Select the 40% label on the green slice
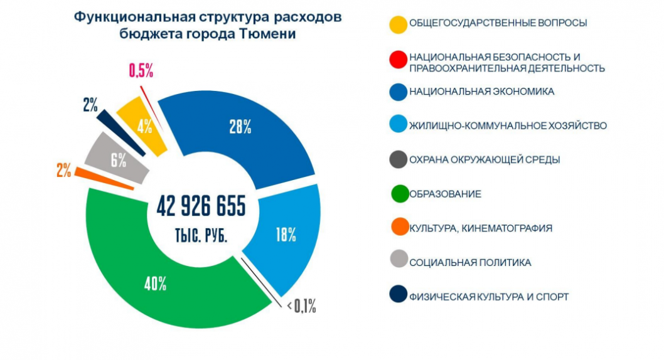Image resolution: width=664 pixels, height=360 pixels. point(155,283)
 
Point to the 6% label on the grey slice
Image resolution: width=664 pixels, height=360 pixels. point(119,160)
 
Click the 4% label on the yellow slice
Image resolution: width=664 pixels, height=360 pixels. point(144,126)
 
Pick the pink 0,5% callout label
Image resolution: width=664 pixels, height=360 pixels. point(141,70)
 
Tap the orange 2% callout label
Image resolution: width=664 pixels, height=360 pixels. point(63,170)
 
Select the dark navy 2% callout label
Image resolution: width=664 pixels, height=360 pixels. point(90,105)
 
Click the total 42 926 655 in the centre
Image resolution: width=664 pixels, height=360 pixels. point(201,206)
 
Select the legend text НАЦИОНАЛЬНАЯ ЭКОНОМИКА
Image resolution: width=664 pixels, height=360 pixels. point(481,92)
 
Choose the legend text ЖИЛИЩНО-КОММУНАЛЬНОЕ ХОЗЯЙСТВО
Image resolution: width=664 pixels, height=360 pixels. point(508,125)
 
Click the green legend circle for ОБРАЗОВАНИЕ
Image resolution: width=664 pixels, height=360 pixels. point(399,194)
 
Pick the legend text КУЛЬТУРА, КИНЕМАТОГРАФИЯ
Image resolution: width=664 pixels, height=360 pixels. point(480,228)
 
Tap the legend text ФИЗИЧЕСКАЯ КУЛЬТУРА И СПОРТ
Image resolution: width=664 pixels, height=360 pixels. point(488,297)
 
